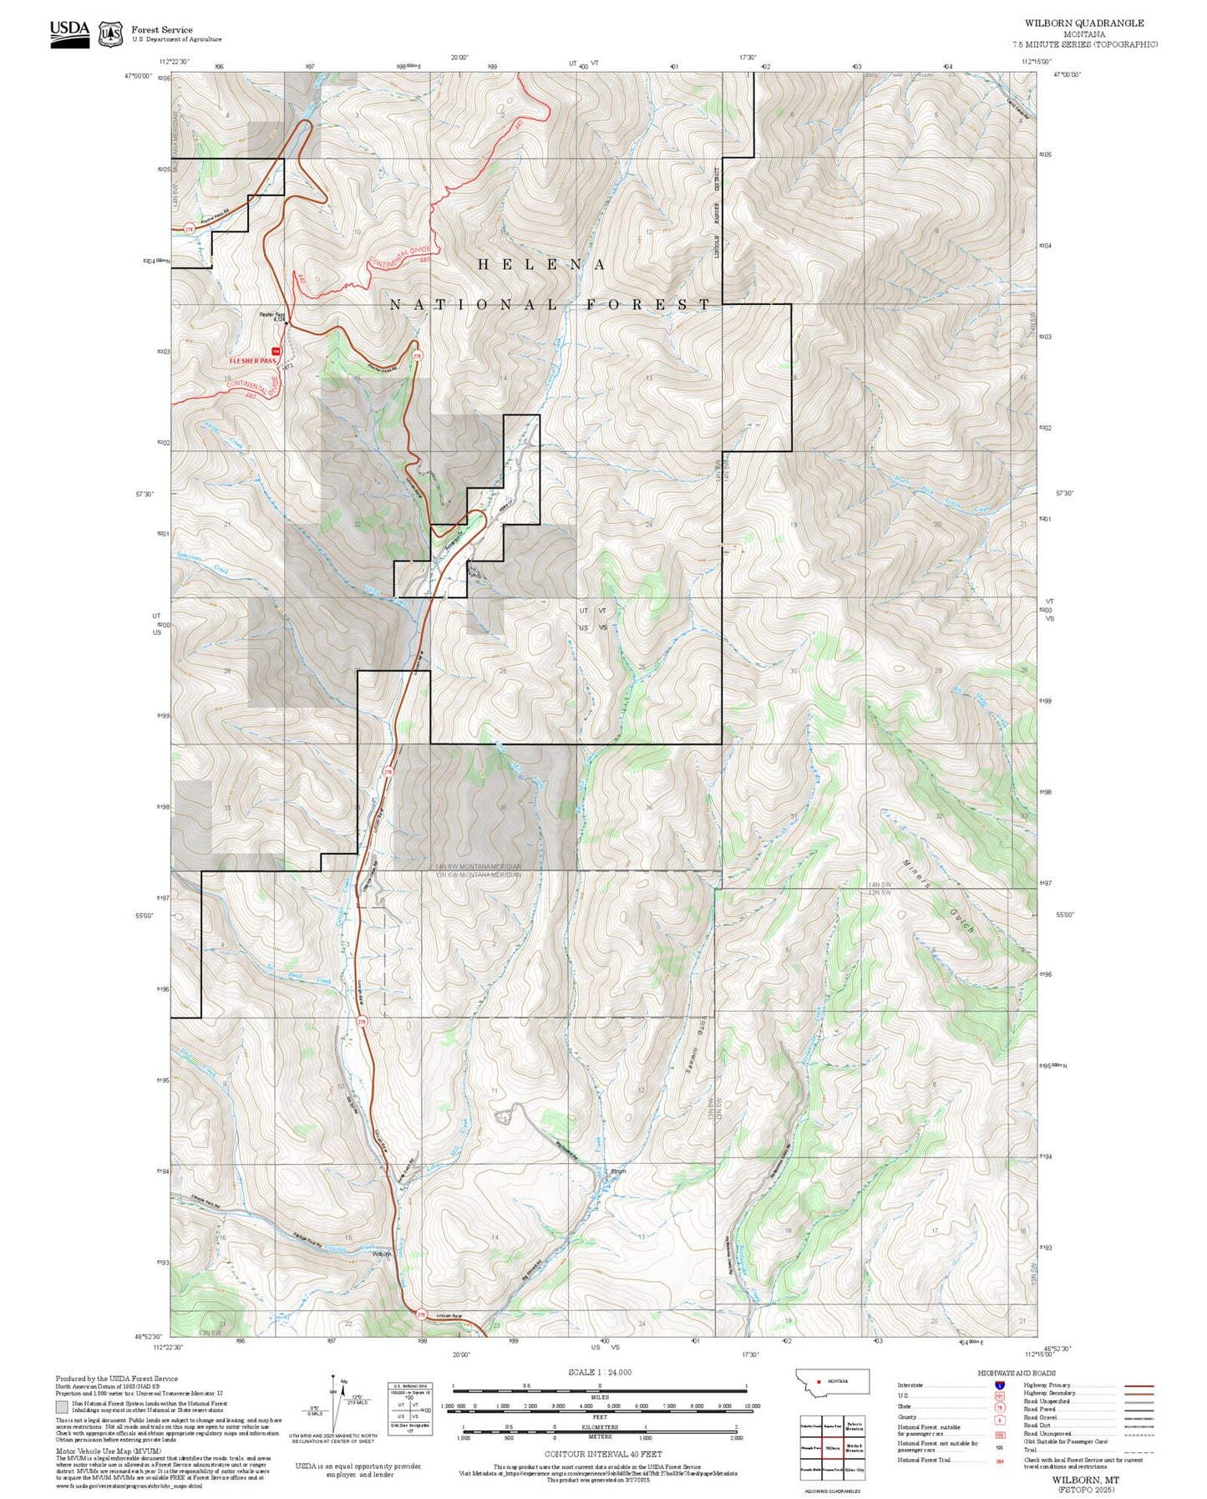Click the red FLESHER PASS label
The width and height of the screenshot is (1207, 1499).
[252, 361]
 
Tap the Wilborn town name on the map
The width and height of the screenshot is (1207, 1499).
[382, 1254]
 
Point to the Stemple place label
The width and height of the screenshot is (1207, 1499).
[618, 1171]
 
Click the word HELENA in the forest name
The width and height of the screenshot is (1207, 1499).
[541, 265]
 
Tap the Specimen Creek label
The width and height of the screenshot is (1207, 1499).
[203, 562]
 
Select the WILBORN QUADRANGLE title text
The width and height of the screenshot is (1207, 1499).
[1084, 23]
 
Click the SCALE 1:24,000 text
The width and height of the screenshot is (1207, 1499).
[600, 1372]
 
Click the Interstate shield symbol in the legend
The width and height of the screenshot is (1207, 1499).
[999, 1385]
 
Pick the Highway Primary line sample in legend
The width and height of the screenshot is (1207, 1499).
[1139, 1386]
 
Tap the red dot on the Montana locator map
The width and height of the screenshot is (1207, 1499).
[819, 1381]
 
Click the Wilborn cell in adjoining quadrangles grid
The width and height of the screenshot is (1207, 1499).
[832, 1447]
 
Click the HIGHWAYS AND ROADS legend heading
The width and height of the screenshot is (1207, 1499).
[1017, 1374]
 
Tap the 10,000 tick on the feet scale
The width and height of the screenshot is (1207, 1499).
[752, 1406]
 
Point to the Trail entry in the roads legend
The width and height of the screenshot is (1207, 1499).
[1031, 1450]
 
